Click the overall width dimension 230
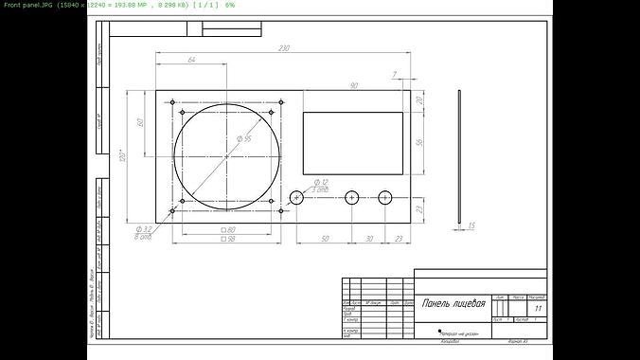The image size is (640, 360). coord(283,48)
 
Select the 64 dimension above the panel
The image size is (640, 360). coord(191,61)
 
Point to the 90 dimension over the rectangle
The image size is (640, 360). coord(353,86)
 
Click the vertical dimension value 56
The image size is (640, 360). coord(419,143)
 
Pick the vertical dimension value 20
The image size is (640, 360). coord(419,101)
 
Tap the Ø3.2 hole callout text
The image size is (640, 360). coord(145,229)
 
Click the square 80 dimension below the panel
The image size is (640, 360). coord(227,229)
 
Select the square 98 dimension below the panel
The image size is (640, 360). coord(227,239)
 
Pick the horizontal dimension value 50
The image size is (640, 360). coord(324,239)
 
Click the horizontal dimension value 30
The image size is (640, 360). coord(369,239)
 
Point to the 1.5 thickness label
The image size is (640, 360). coord(471,225)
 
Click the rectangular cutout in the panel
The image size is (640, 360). coord(353,143)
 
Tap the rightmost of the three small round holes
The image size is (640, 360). coord(385,197)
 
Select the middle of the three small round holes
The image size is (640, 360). coord(352,197)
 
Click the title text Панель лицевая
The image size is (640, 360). coord(453,304)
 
